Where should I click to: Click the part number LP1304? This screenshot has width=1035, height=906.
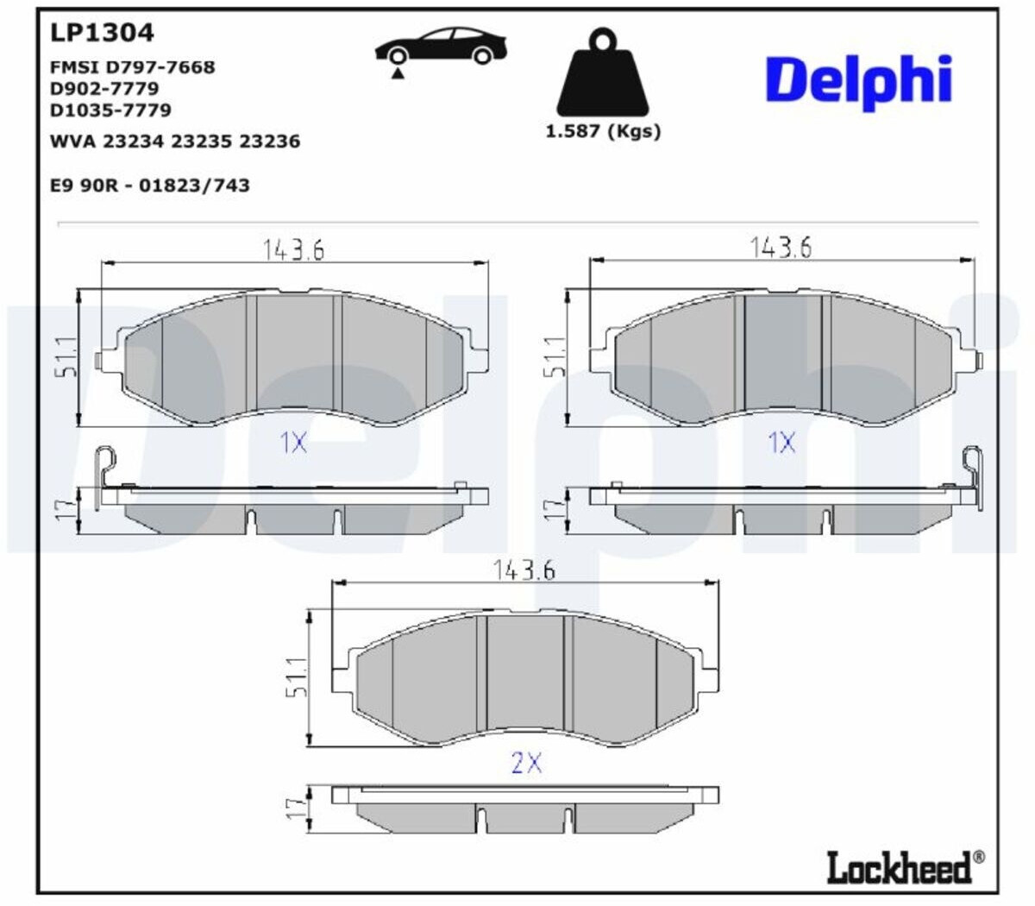click(102, 33)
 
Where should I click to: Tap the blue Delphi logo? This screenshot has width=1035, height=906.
click(859, 83)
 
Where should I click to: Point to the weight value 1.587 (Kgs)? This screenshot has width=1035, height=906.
click(603, 132)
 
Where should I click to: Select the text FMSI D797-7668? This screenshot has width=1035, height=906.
click(133, 67)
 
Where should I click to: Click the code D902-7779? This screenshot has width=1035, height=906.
click(104, 89)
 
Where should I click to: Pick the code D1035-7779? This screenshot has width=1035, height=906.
click(110, 110)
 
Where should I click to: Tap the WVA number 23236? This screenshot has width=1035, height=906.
click(270, 142)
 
